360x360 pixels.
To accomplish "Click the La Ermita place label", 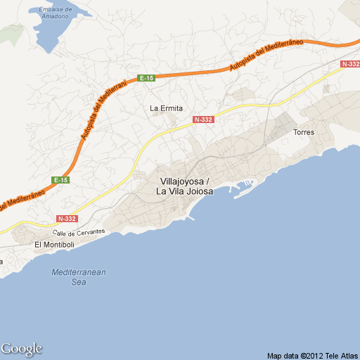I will (x=167, y=108).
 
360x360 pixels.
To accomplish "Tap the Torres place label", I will (x=304, y=132).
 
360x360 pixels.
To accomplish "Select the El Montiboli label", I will (x=53, y=244).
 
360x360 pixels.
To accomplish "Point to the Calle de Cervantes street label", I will (x=80, y=231).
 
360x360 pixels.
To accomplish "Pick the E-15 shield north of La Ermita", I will (x=146, y=78).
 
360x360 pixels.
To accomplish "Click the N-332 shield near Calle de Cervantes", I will (x=67, y=219).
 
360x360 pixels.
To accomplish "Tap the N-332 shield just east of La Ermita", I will (x=202, y=120).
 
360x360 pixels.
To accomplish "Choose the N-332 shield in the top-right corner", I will (x=349, y=64).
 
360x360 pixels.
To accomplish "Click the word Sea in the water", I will (x=79, y=282).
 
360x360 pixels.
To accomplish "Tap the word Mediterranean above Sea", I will (x=79, y=272).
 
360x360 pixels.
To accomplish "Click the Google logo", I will (x=22, y=349).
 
